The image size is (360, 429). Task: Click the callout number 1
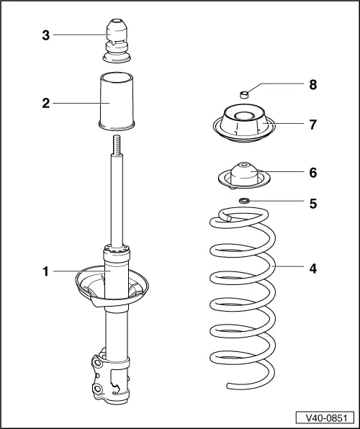pyautogui.click(x=45, y=271)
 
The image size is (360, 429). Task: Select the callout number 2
pyautogui.click(x=45, y=103)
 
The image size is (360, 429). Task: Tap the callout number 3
pyautogui.click(x=45, y=34)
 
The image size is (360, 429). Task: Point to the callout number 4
pyautogui.click(x=312, y=268)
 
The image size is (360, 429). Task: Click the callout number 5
pyautogui.click(x=312, y=203)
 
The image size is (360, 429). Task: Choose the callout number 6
pyautogui.click(x=312, y=173)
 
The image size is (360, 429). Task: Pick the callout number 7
pyautogui.click(x=312, y=125)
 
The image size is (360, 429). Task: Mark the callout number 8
pyautogui.click(x=312, y=85)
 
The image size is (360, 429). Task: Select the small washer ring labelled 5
pyautogui.click(x=244, y=201)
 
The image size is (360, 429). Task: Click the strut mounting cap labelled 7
pyautogui.click(x=243, y=122)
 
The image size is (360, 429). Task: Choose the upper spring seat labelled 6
pyautogui.click(x=243, y=175)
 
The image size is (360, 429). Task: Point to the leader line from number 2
pyautogui.click(x=76, y=103)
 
